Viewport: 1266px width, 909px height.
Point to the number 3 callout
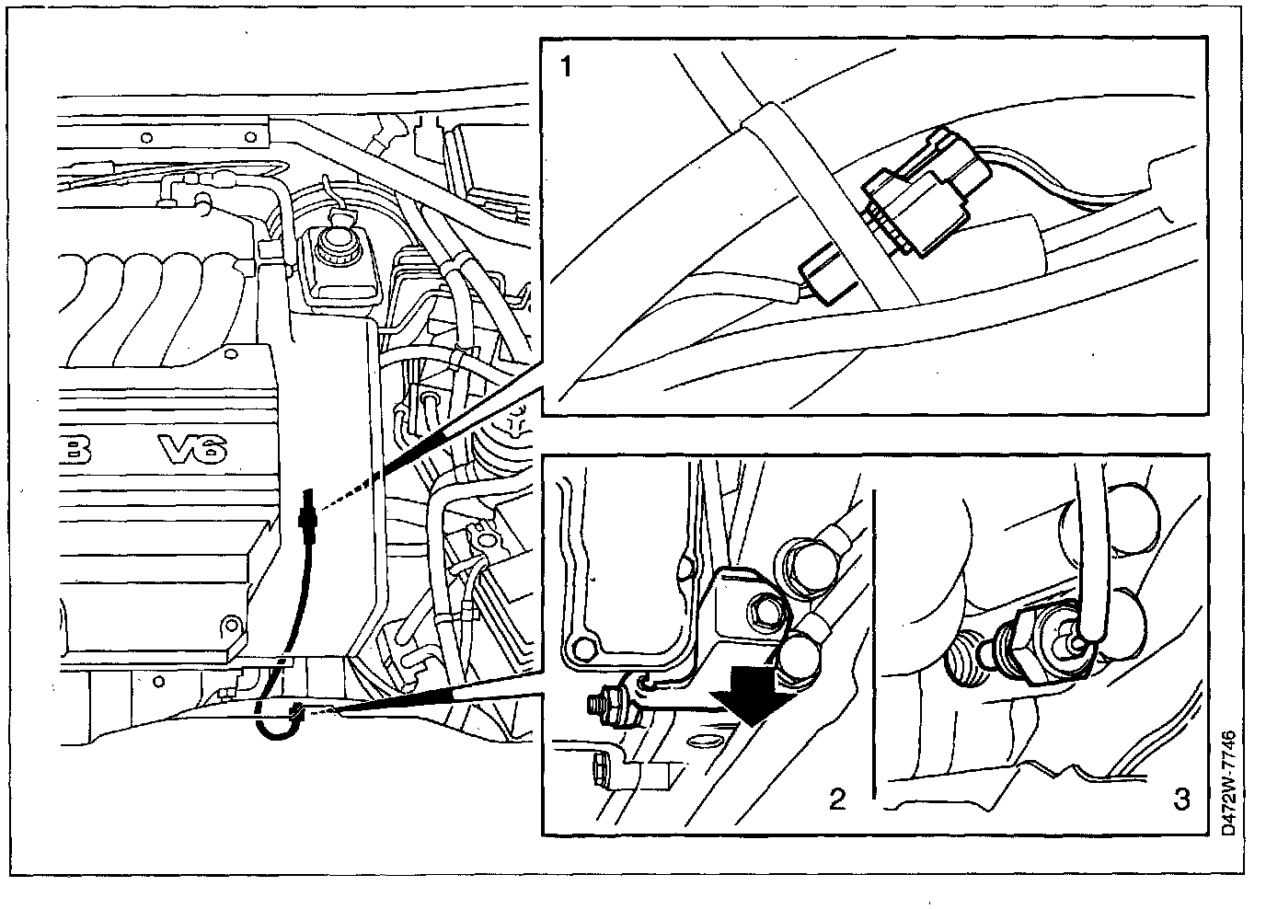click(x=1181, y=799)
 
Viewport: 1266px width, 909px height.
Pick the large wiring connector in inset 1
click(x=923, y=189)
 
